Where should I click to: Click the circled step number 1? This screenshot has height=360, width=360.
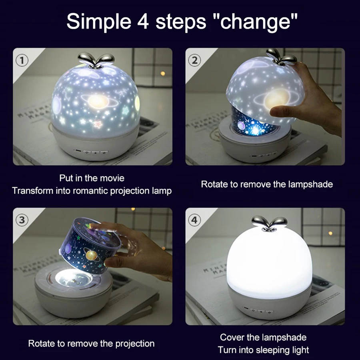click(x=22, y=60)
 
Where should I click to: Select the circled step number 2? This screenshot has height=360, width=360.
click(x=195, y=60)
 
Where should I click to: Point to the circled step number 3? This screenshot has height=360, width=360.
click(x=22, y=220)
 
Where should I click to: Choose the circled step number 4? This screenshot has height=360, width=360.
click(x=195, y=220)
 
